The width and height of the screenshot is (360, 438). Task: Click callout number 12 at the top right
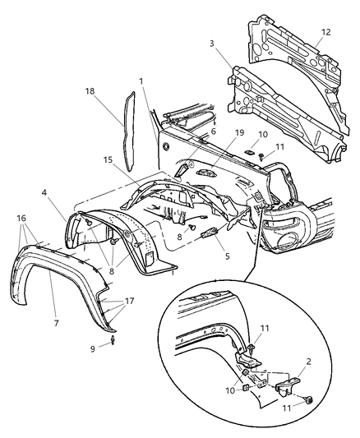325,33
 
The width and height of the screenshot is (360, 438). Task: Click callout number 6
213,131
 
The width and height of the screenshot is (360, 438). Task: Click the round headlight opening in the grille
289,239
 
